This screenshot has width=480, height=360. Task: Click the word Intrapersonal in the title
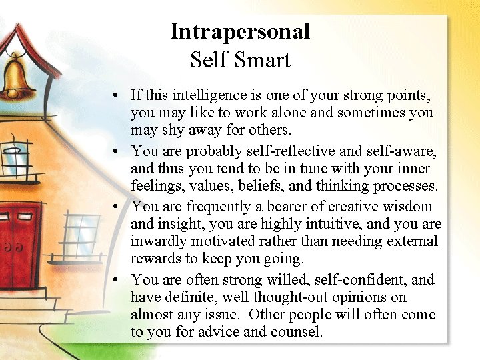click(240, 31)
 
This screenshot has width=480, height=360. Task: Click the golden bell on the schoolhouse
click(18, 76)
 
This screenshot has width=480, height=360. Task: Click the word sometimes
click(371, 113)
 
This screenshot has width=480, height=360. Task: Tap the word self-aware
click(397, 151)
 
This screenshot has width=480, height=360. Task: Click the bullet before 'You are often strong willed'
click(116, 279)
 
